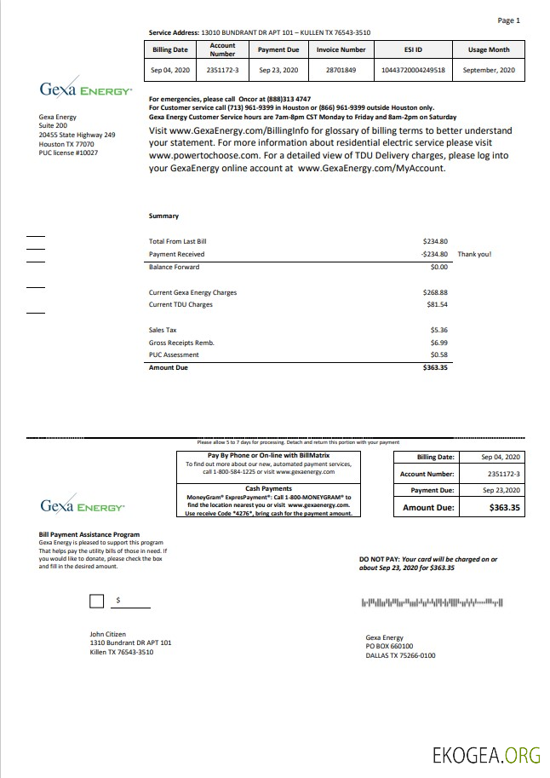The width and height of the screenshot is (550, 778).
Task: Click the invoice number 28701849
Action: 341,70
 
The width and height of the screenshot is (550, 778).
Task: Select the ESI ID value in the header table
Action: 413,70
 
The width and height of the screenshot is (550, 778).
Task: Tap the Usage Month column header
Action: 489,49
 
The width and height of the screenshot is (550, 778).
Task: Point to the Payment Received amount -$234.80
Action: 434,254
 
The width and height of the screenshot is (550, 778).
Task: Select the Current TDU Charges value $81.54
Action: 437,304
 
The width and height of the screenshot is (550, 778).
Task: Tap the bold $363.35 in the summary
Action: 435,367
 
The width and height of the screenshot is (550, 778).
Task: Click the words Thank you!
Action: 474,254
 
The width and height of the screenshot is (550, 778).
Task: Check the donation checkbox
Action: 97,602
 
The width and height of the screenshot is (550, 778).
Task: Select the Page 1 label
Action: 508,20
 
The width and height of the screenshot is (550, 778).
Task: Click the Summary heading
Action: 163,216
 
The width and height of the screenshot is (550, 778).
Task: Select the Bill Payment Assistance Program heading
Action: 89,534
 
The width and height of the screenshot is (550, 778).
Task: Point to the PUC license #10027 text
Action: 68,153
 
